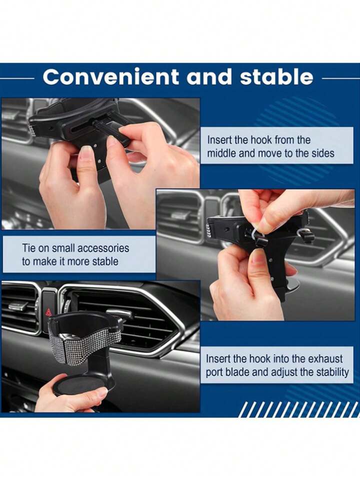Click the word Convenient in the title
point(110,77)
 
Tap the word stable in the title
point(276,77)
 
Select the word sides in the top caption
point(322,153)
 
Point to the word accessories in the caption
point(103,248)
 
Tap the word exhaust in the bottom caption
point(325,359)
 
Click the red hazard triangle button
point(48,312)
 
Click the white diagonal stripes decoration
point(298,409)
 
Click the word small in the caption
point(63,248)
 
